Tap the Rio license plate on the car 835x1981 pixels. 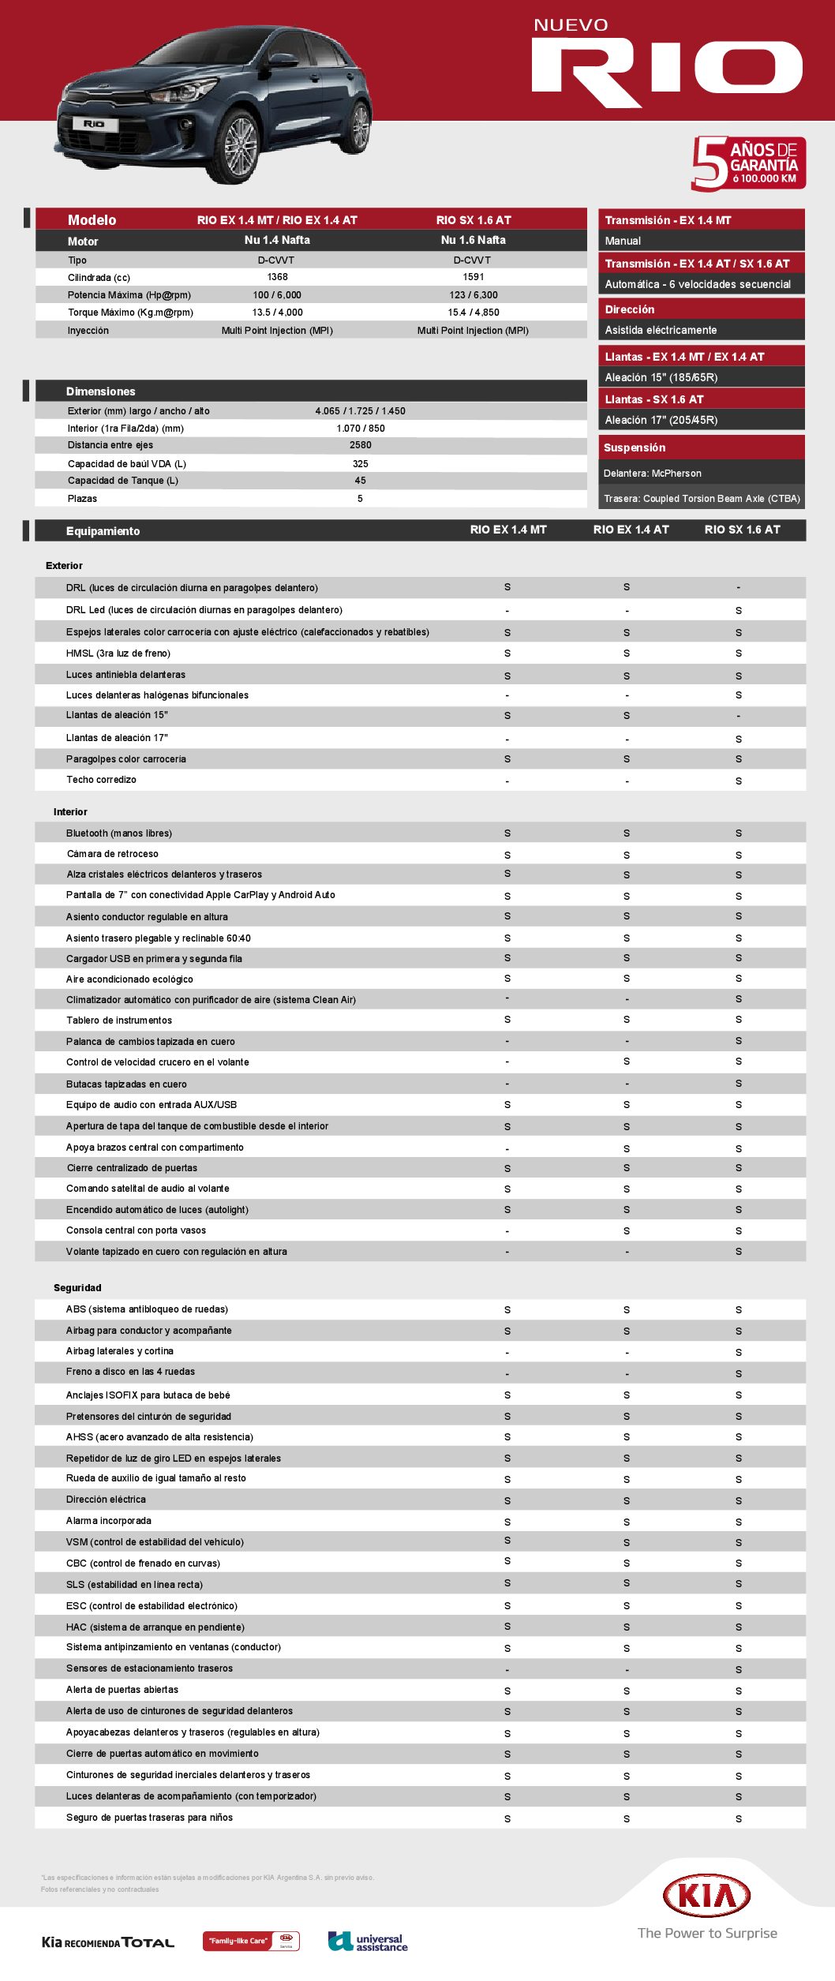(94, 124)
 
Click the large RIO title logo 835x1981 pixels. (667, 73)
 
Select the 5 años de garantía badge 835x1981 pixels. (747, 163)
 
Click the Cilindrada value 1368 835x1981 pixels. (277, 277)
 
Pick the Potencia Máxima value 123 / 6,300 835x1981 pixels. (474, 295)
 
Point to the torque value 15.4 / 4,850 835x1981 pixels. (474, 313)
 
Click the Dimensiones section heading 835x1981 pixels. (101, 391)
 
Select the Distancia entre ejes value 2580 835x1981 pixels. (360, 445)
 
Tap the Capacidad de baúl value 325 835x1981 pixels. (360, 464)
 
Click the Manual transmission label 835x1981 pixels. (623, 241)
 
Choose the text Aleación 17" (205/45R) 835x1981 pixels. (661, 420)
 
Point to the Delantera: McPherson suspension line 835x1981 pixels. (652, 474)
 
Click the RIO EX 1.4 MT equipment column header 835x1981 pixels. (507, 530)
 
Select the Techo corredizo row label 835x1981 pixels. (101, 780)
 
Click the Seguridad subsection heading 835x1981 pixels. (77, 1288)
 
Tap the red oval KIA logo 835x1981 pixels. (706, 1896)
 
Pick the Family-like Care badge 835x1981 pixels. (251, 1941)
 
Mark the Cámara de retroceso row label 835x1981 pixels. (112, 854)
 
